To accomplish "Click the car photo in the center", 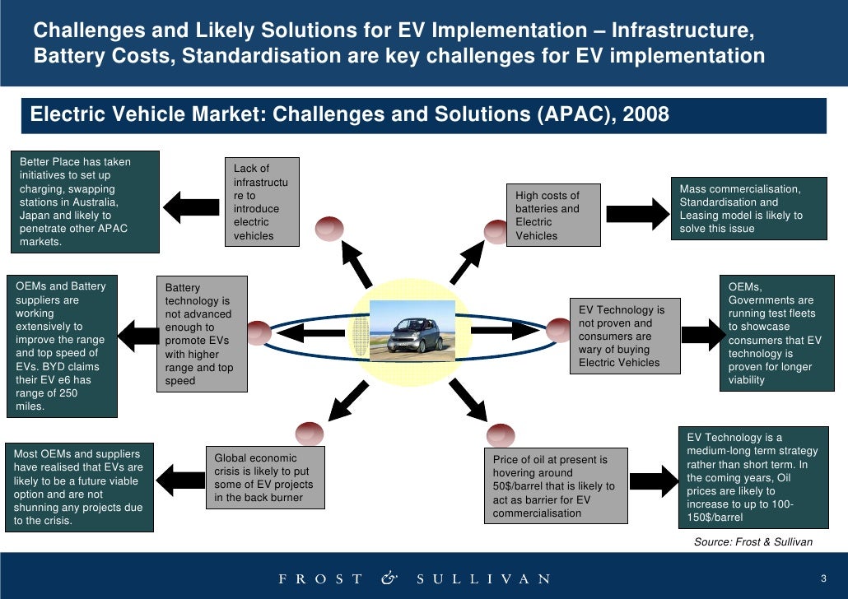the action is coord(412,327).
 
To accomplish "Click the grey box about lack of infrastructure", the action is coord(263,202).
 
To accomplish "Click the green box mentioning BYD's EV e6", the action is coord(62,346).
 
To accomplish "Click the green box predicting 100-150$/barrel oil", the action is coord(753,477).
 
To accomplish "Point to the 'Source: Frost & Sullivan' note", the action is coord(753,541).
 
